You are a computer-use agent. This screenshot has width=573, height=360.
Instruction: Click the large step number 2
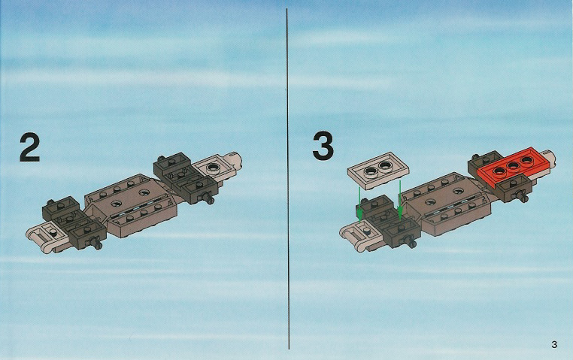pyautogui.click(x=29, y=147)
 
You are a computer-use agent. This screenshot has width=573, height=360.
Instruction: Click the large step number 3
pyautogui.click(x=323, y=146)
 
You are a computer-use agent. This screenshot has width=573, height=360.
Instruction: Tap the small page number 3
pyautogui.click(x=554, y=344)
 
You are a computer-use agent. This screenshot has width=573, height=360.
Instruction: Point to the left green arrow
pyautogui.click(x=360, y=204)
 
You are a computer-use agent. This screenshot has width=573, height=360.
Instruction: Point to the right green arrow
pyautogui.click(x=400, y=200)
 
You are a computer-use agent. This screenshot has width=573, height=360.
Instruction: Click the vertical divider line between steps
pyautogui.click(x=288, y=179)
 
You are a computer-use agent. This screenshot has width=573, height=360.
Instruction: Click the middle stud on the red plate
pyautogui.click(x=514, y=166)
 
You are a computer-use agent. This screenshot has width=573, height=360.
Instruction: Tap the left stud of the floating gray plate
pyautogui.click(x=371, y=171)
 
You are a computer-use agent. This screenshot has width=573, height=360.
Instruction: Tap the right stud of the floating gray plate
pyautogui.click(x=385, y=166)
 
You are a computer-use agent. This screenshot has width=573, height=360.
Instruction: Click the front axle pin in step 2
pyautogui.click(x=96, y=244)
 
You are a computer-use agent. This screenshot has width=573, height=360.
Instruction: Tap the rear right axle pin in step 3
pyautogui.click(x=523, y=196)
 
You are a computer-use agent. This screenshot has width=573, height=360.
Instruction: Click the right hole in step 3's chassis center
pyautogui.click(x=457, y=190)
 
